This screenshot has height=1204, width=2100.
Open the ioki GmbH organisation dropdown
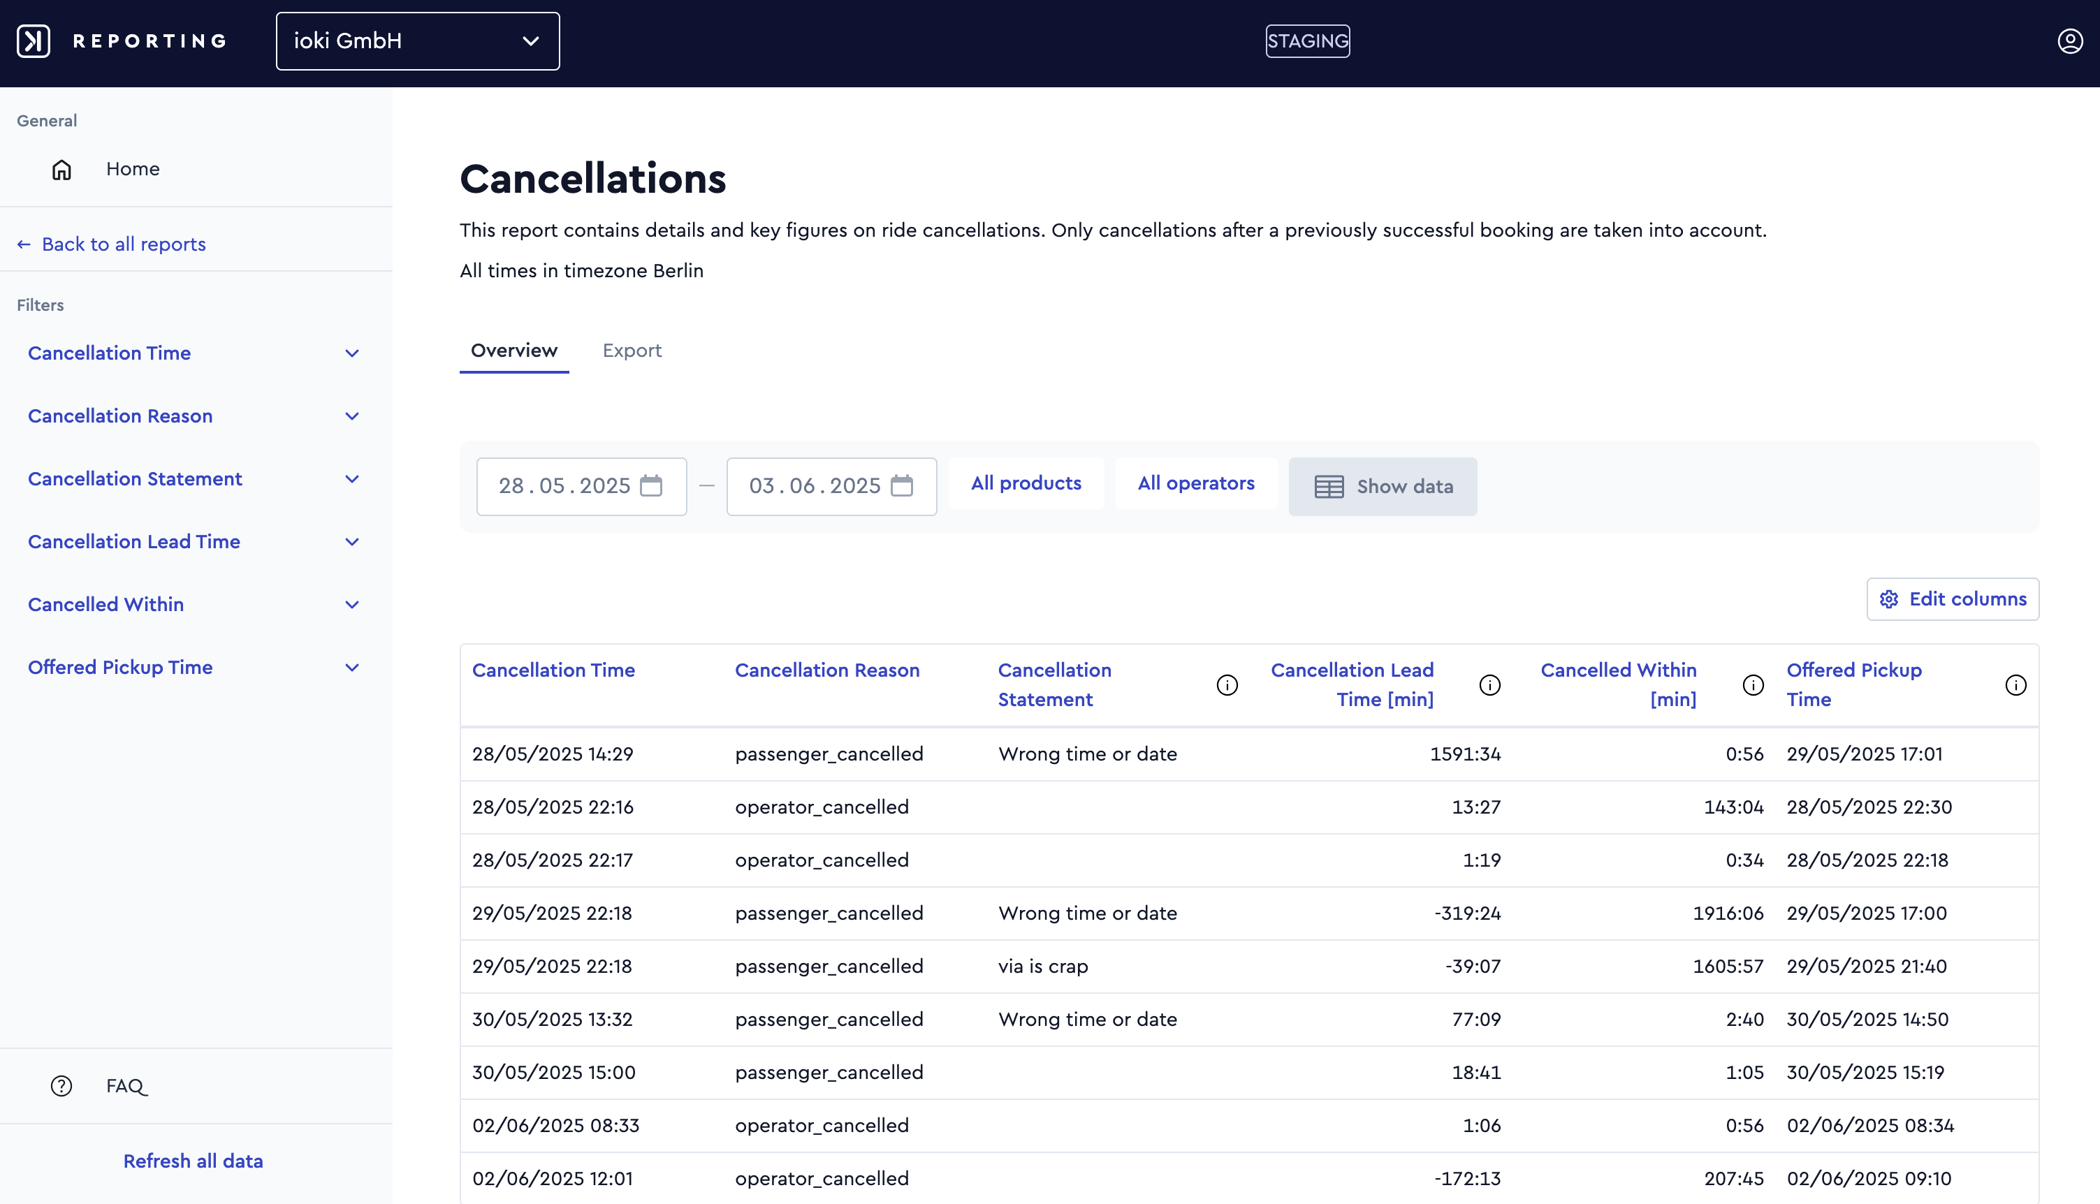tap(418, 41)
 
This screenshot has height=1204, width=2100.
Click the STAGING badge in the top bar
tap(1308, 41)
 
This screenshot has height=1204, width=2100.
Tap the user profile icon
tap(2069, 41)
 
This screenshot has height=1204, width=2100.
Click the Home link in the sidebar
tap(132, 169)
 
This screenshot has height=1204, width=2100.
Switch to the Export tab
tap(632, 351)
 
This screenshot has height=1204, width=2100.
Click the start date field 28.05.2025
tap(581, 486)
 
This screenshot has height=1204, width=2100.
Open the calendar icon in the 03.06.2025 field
tap(901, 485)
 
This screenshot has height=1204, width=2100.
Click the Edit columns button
tap(1953, 599)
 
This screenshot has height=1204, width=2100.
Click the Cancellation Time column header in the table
tap(553, 670)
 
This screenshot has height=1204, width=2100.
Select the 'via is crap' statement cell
tap(1043, 966)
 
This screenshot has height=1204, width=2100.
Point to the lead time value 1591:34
tap(1465, 754)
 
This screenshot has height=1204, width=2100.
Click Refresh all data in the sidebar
tap(194, 1161)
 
